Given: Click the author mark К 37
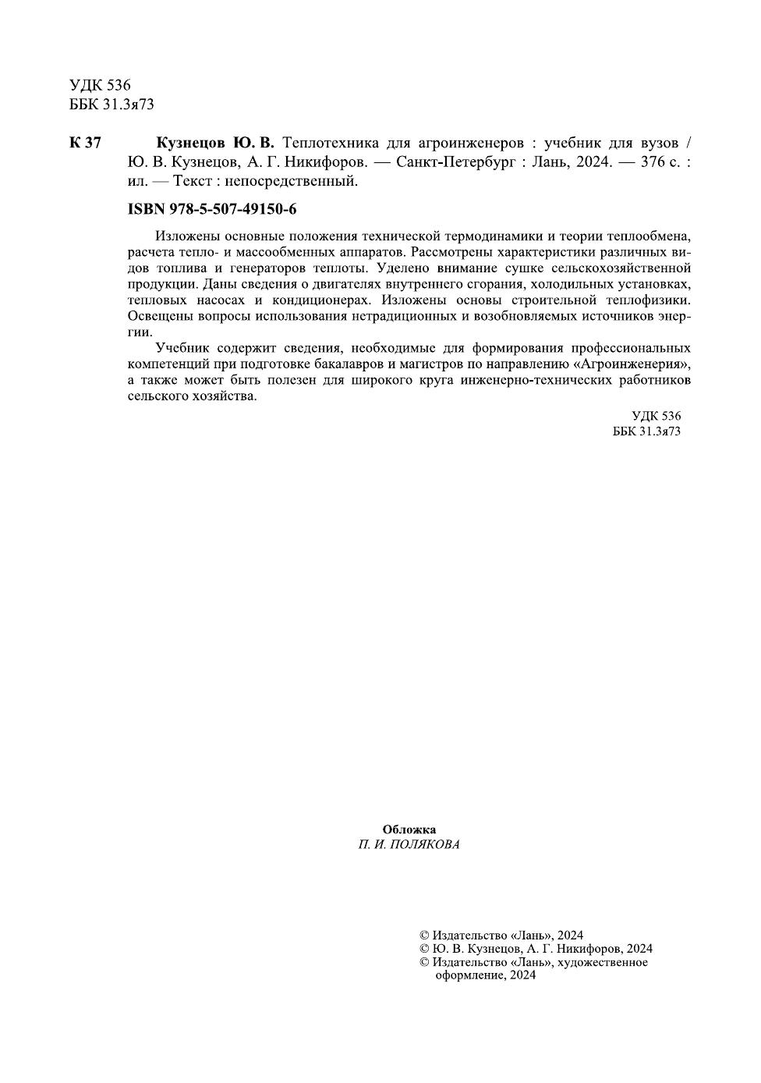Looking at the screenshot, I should (85, 143).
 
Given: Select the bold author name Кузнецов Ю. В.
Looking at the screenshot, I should (215, 143).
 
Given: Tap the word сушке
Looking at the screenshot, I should (541, 268).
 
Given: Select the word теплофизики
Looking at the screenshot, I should (650, 300).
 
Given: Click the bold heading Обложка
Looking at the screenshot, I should (409, 829).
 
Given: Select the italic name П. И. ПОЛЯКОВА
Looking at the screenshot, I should (409, 844).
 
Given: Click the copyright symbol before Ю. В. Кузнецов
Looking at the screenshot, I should (425, 949).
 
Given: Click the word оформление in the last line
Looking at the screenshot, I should (470, 975).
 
